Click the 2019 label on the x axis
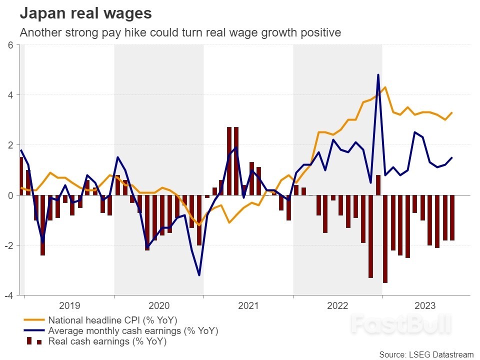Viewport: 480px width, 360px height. [x=69, y=305]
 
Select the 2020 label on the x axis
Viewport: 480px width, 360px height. [x=158, y=305]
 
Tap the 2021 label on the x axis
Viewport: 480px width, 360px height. [x=248, y=305]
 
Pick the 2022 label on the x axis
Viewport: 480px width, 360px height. [x=337, y=305]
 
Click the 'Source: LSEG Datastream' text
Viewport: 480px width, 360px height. [x=426, y=354]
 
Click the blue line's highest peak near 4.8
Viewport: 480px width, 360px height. [x=378, y=74]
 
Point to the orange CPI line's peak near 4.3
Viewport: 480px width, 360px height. [x=385, y=87]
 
